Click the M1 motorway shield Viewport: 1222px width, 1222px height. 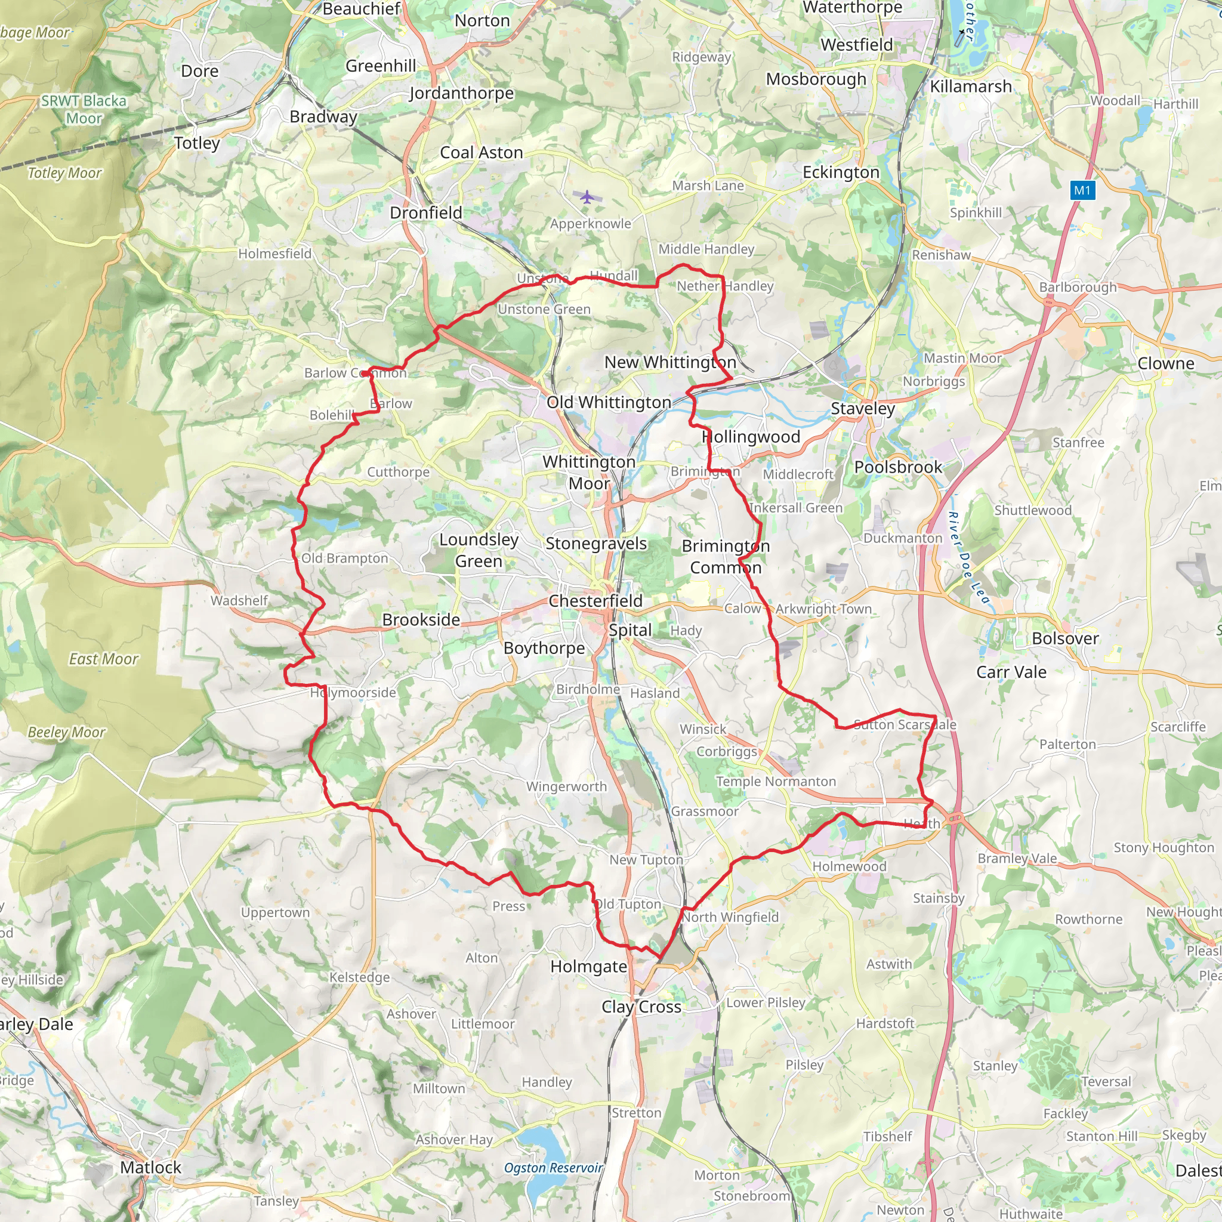pyautogui.click(x=1082, y=190)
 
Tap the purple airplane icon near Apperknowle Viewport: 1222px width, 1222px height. pyautogui.click(x=588, y=197)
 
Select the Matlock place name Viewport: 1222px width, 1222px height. pyautogui.click(x=150, y=1167)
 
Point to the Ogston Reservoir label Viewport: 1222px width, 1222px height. pyautogui.click(x=554, y=1168)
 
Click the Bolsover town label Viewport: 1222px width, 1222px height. pyautogui.click(x=1065, y=638)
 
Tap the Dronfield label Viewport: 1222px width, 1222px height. pyautogui.click(x=425, y=212)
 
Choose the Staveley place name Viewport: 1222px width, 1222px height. pyautogui.click(x=863, y=409)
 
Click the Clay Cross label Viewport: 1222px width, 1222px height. pyautogui.click(x=641, y=1007)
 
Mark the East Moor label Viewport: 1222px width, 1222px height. pyautogui.click(x=103, y=659)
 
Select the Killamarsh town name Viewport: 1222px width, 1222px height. pyautogui.click(x=971, y=87)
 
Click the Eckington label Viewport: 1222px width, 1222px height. pyautogui.click(x=841, y=172)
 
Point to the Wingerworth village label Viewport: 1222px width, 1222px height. pyautogui.click(x=567, y=786)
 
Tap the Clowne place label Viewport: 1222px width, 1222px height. pyautogui.click(x=1166, y=364)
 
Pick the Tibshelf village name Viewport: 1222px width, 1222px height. pyautogui.click(x=887, y=1137)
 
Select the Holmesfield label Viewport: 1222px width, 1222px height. pyautogui.click(x=274, y=254)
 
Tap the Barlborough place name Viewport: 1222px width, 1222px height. pyautogui.click(x=1078, y=287)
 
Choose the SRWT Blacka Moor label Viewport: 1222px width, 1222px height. pyautogui.click(x=84, y=109)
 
